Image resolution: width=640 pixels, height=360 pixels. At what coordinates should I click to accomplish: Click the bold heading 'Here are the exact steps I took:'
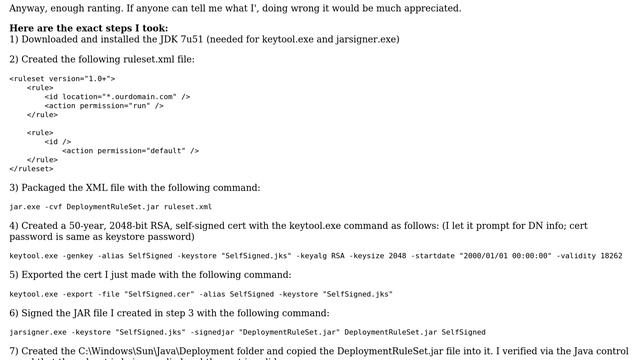89,28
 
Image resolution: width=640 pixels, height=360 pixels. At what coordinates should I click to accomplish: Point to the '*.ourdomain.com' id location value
126,96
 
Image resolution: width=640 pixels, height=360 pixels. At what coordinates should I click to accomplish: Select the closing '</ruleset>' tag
31,168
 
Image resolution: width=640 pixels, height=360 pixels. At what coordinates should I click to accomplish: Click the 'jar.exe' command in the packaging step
25,206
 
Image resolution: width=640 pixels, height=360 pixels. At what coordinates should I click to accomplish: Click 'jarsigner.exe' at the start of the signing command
37,332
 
